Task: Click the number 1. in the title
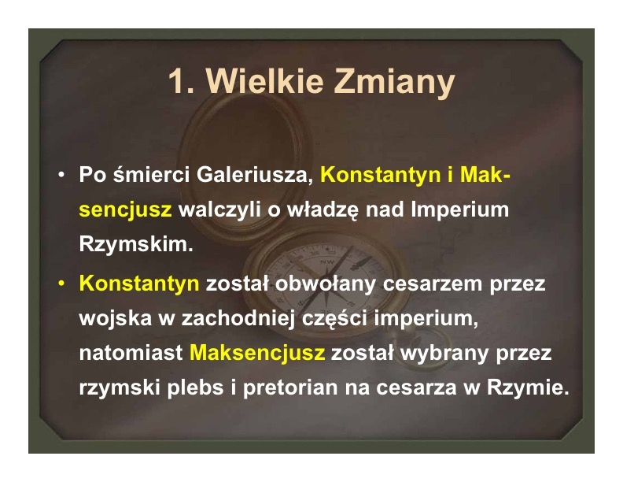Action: (182, 81)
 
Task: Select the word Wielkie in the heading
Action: (264, 81)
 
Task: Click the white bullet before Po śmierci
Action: (61, 175)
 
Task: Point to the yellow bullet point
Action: (61, 284)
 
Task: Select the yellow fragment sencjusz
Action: (125, 210)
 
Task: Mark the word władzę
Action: (323, 210)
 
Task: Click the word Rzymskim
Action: (136, 244)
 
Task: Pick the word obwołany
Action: (326, 284)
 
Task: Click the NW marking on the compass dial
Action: (327, 261)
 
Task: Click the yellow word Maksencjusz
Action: (257, 353)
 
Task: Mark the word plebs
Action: (195, 387)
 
